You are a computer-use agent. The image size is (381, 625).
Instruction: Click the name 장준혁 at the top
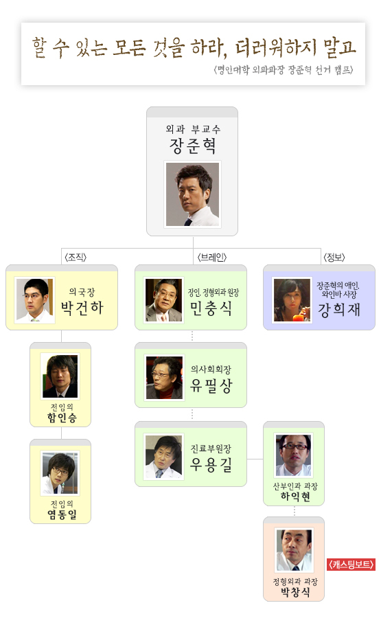[x=193, y=146]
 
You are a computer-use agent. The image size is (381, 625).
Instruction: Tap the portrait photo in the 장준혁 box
[x=192, y=194]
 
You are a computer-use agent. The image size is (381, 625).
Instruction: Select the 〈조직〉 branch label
[x=76, y=257]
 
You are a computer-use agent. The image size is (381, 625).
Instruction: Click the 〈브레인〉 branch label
[x=212, y=257]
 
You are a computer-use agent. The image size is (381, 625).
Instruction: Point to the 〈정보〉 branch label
[x=334, y=257]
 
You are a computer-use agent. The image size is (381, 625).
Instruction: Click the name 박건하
[x=82, y=308]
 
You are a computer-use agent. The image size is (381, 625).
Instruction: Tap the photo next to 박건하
[x=35, y=300]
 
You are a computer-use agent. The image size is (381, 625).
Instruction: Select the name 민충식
[x=211, y=308]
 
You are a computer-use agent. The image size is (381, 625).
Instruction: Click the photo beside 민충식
[x=164, y=300]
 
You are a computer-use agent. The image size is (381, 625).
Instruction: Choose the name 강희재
[x=339, y=310]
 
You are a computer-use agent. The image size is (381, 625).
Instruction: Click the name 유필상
[x=211, y=386]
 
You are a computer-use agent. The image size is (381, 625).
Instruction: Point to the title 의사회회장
[x=211, y=370]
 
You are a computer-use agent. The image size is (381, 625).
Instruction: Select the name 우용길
[x=211, y=465]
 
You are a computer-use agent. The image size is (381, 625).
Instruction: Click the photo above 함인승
[x=60, y=376]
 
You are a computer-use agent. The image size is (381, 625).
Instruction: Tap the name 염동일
[x=62, y=514]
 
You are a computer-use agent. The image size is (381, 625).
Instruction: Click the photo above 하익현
[x=294, y=455]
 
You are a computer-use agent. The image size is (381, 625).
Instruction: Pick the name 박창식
[x=295, y=592]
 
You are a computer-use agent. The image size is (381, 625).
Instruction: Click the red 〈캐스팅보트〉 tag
[x=351, y=565]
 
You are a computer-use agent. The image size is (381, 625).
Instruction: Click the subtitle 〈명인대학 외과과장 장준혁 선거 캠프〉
[x=283, y=70]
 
